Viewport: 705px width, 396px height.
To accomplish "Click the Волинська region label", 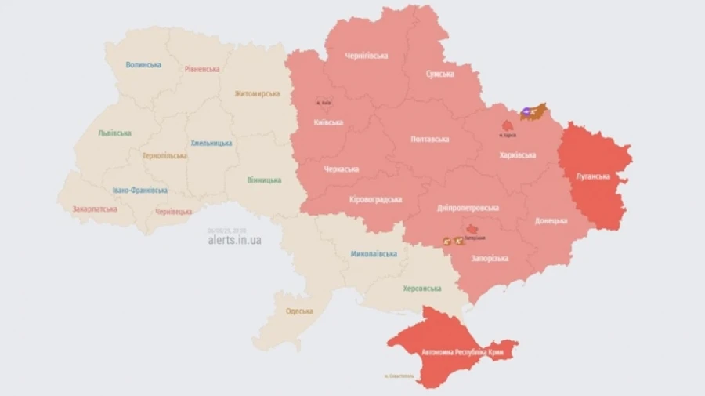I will (143, 64).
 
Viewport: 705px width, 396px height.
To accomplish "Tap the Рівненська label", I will (202, 69).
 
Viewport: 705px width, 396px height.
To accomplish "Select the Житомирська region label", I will (256, 93).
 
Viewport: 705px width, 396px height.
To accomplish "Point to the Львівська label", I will (114, 133).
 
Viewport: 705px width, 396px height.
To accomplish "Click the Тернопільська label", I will (164, 155).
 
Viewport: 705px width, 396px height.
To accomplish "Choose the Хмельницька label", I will (211, 144).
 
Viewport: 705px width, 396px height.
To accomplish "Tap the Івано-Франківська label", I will (139, 190).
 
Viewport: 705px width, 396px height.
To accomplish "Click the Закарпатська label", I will (94, 209).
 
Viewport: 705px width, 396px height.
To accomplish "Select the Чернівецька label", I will (173, 212).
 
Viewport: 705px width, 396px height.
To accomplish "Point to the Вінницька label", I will (264, 180).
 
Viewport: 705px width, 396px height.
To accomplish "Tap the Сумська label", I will (439, 74).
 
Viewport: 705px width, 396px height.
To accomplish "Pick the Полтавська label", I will (429, 139).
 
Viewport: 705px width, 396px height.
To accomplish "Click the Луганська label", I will (593, 176).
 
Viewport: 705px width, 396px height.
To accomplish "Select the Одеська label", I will (299, 311).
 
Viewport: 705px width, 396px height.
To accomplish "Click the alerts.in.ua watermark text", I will (234, 240).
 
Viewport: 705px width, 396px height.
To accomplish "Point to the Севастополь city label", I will (399, 377).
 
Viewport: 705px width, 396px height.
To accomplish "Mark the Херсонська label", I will (421, 289).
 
